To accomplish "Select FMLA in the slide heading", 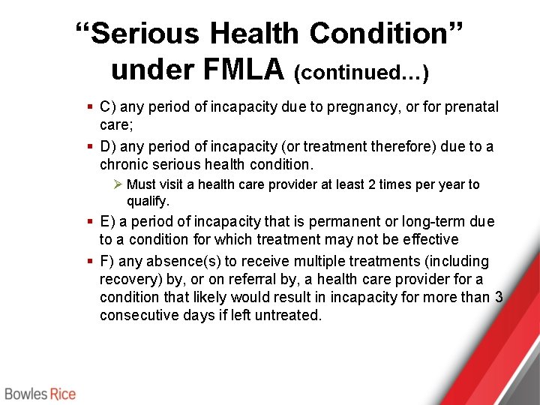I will (244, 69).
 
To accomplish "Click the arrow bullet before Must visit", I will (117, 184).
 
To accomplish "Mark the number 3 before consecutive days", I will (499, 297).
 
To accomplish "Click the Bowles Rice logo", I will (40, 393).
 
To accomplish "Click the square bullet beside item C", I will (90, 107).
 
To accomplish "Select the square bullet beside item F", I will (90, 261).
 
